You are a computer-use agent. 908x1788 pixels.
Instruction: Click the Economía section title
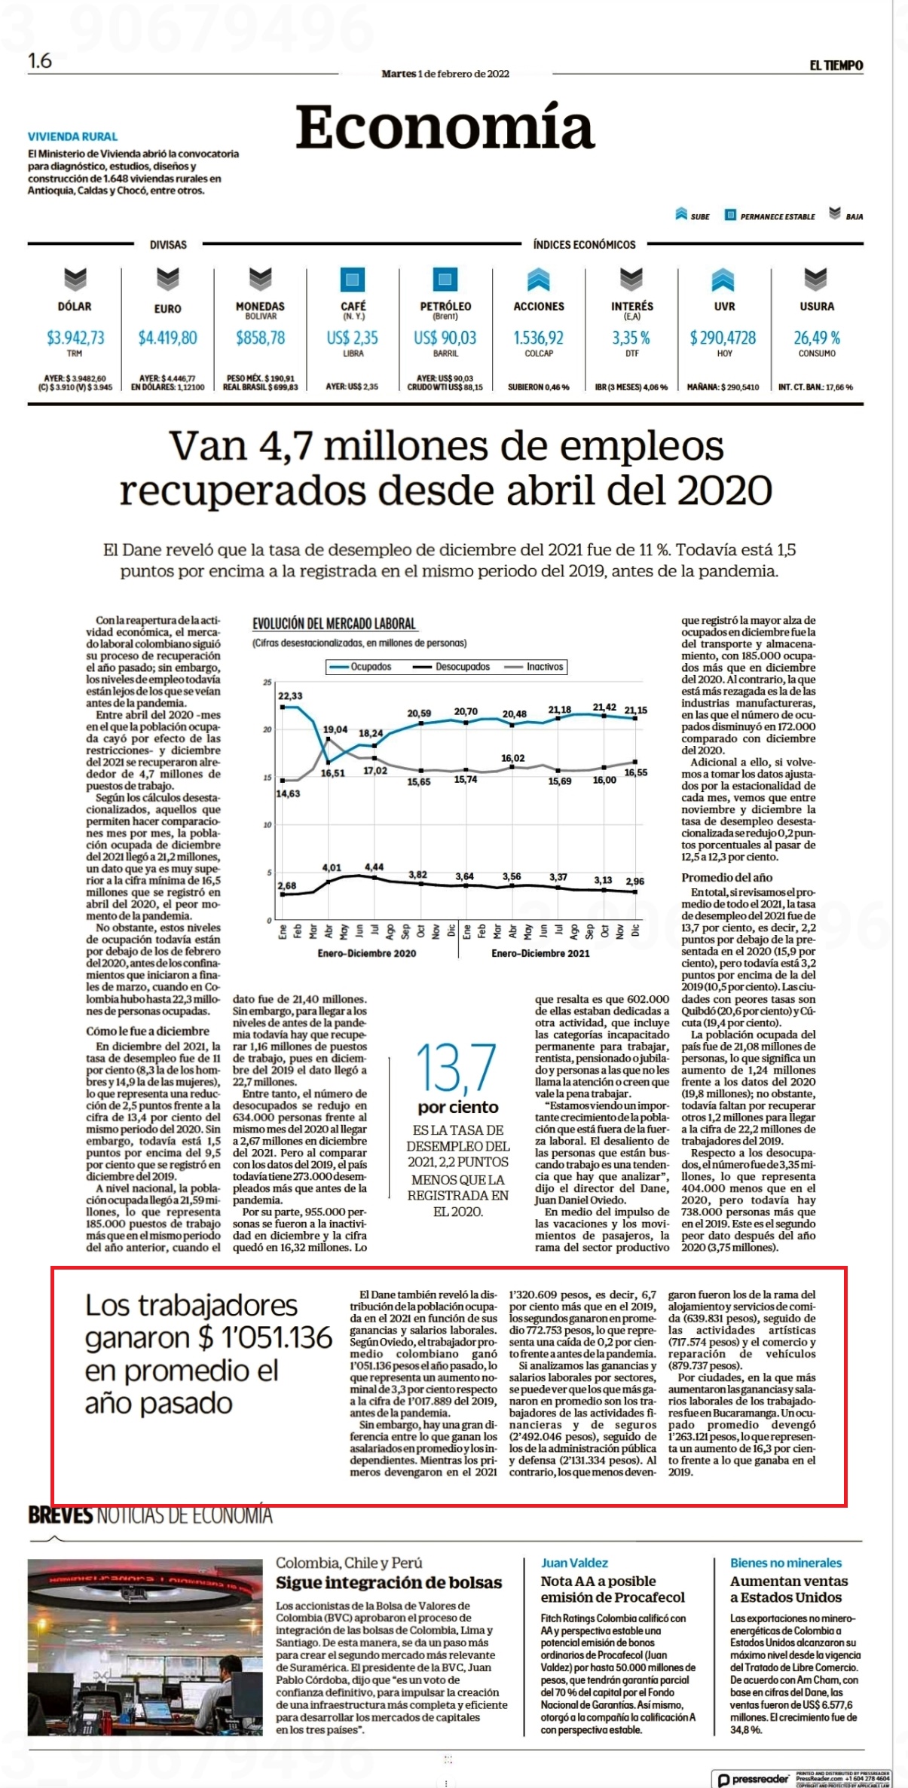click(x=445, y=127)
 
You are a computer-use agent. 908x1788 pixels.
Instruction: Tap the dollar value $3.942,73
click(x=75, y=338)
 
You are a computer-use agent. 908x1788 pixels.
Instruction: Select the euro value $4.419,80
click(x=167, y=338)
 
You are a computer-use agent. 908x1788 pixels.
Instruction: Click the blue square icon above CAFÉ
click(x=353, y=280)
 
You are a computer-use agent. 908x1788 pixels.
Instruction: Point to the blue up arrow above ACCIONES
click(x=538, y=280)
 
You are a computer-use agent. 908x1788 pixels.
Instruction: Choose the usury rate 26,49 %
click(x=817, y=338)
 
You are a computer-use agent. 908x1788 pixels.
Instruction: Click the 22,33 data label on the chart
click(x=290, y=695)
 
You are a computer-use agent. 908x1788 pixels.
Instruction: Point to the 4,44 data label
click(x=375, y=867)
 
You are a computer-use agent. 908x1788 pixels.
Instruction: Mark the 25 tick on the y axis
click(x=267, y=683)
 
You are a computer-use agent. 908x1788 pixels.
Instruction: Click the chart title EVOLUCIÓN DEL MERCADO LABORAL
click(x=334, y=624)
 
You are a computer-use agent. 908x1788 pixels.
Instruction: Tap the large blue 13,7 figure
click(x=456, y=1068)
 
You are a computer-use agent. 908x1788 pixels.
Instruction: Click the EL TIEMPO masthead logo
click(x=836, y=66)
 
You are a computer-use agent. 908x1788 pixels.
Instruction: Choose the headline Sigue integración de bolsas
click(x=389, y=1582)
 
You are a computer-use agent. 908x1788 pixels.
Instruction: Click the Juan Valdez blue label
click(x=574, y=1563)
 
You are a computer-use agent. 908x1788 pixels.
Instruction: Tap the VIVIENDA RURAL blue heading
click(x=72, y=136)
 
